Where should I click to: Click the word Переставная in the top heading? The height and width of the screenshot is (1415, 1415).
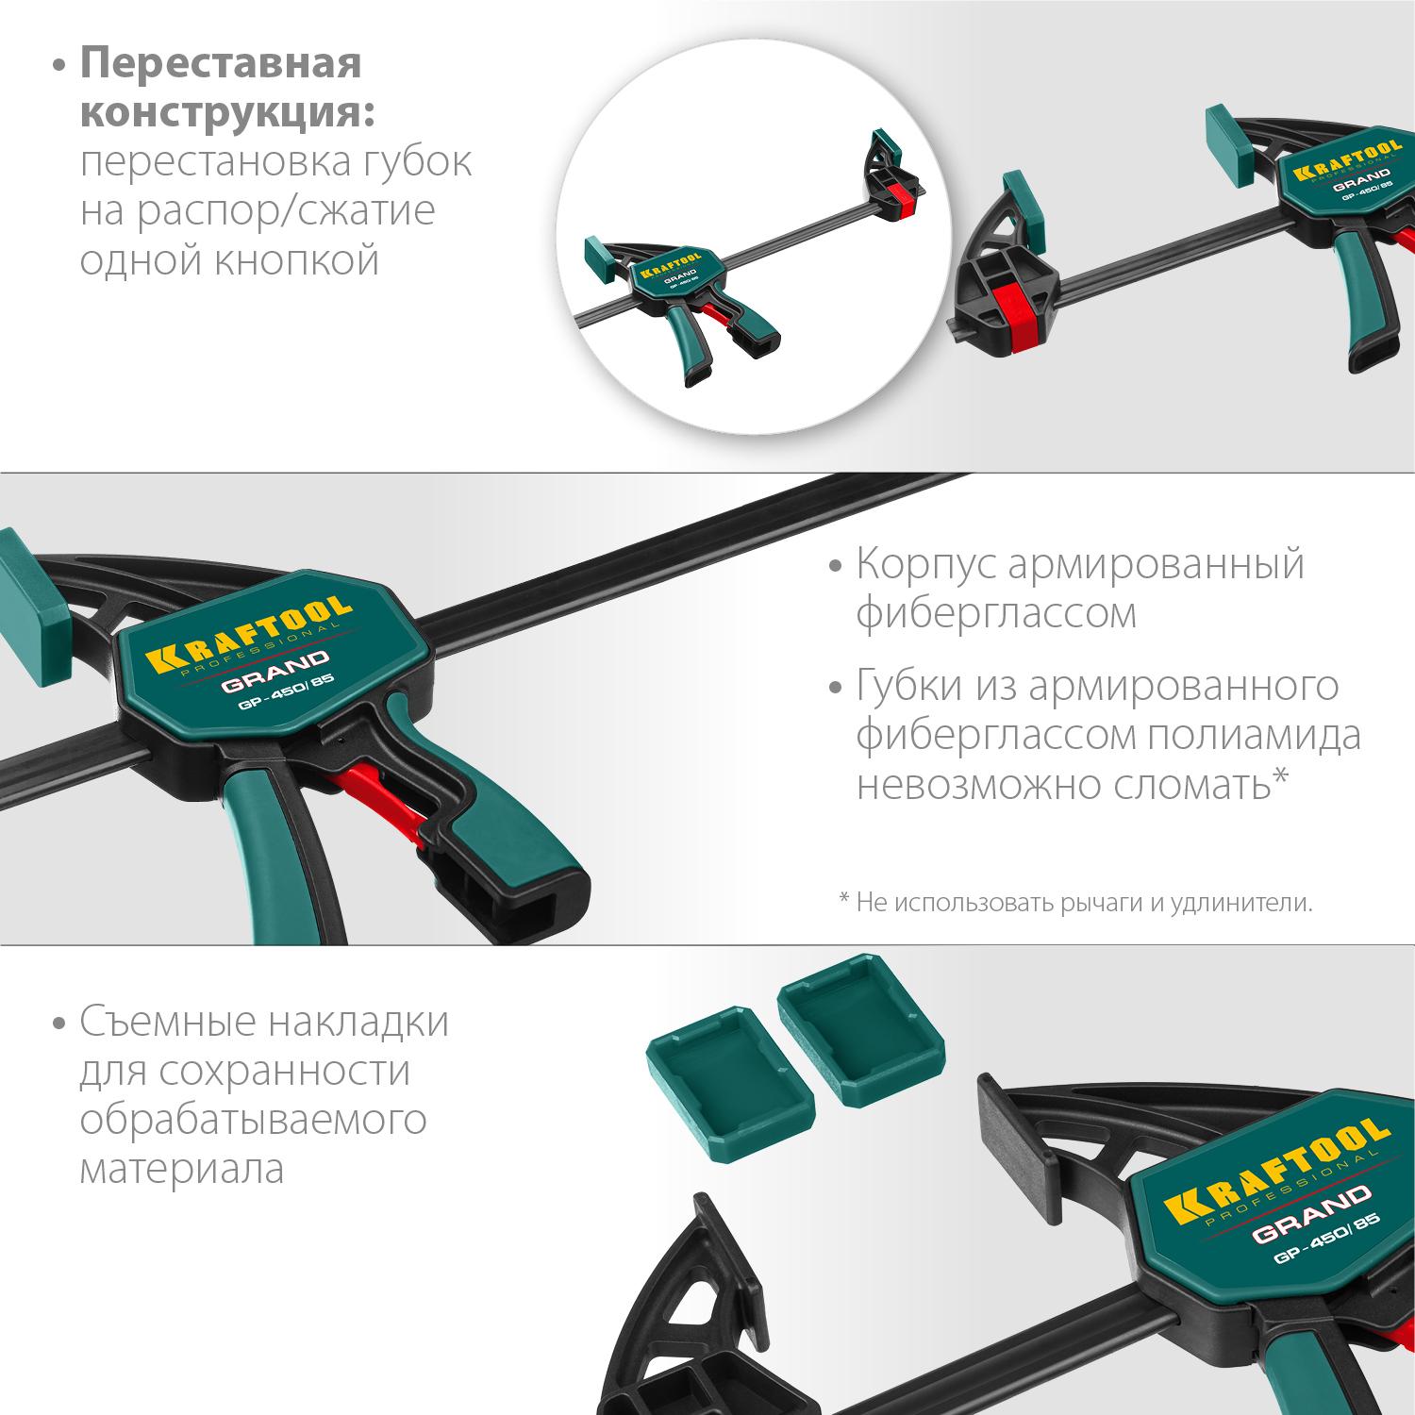pyautogui.click(x=221, y=64)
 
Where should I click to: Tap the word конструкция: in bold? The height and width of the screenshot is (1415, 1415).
pyautogui.click(x=227, y=113)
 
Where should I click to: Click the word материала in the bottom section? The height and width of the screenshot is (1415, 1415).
pyautogui.click(x=182, y=1170)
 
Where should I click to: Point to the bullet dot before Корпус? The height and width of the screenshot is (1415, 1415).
pyautogui.click(x=834, y=566)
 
